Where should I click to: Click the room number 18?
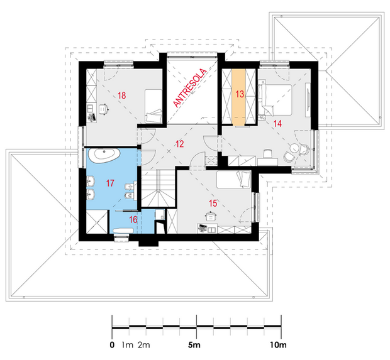[x=122, y=95]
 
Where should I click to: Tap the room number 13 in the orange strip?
[x=240, y=94]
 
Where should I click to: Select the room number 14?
[x=277, y=124]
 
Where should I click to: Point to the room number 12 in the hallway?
[x=179, y=144]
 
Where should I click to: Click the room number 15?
[x=213, y=204]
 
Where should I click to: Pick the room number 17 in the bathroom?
[x=110, y=183]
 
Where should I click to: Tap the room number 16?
[x=133, y=220]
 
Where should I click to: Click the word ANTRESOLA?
[x=190, y=88]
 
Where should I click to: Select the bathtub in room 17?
[x=104, y=156]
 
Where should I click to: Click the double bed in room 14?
[x=276, y=100]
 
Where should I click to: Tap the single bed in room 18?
[x=153, y=106]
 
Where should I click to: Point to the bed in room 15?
[x=233, y=180]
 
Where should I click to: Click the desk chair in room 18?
[x=104, y=109]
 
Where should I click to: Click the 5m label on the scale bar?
[x=194, y=345]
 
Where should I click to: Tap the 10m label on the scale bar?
[x=278, y=345]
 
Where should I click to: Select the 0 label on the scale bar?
[x=112, y=345]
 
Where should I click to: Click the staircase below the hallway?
[x=159, y=188]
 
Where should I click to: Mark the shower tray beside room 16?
[x=97, y=222]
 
